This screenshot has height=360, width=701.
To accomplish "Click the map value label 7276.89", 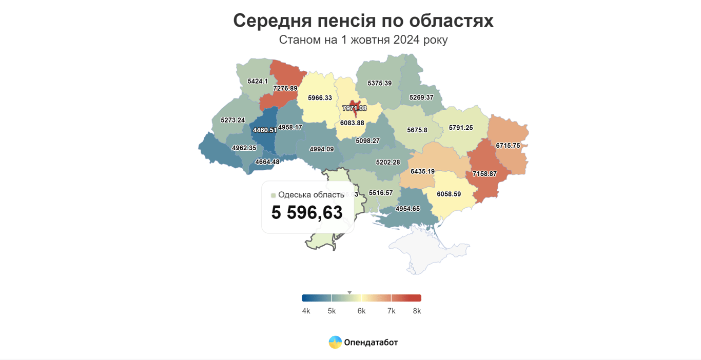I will pyautogui.click(x=285, y=88).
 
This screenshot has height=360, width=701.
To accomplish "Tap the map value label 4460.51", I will pyautogui.click(x=264, y=130).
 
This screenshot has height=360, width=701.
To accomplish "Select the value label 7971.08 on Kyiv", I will pyautogui.click(x=355, y=109).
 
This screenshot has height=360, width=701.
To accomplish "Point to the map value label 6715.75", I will pyautogui.click(x=508, y=146).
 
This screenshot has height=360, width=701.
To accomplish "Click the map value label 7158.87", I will pyautogui.click(x=485, y=174).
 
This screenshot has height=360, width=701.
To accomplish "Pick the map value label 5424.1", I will pyautogui.click(x=258, y=81).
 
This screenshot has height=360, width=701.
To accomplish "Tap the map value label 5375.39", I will pyautogui.click(x=380, y=83).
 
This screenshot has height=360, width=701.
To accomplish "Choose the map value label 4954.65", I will pyautogui.click(x=407, y=209).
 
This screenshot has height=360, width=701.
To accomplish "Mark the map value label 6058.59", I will pyautogui.click(x=449, y=194).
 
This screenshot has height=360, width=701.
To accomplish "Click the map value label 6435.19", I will pyautogui.click(x=422, y=171).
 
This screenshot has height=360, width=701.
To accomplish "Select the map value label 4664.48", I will pyautogui.click(x=267, y=162).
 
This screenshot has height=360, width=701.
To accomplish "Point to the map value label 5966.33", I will pyautogui.click(x=320, y=98).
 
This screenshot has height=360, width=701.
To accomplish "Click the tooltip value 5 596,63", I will pyautogui.click(x=307, y=212).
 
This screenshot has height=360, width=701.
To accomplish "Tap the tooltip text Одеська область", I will pyautogui.click(x=311, y=195).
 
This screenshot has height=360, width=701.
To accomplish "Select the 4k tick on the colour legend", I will pyautogui.click(x=306, y=311).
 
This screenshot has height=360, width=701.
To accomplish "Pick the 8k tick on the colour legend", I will pyautogui.click(x=417, y=311).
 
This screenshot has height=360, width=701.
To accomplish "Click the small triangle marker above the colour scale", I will pyautogui.click(x=349, y=293).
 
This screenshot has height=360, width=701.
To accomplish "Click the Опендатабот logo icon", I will pyautogui.click(x=335, y=342).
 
